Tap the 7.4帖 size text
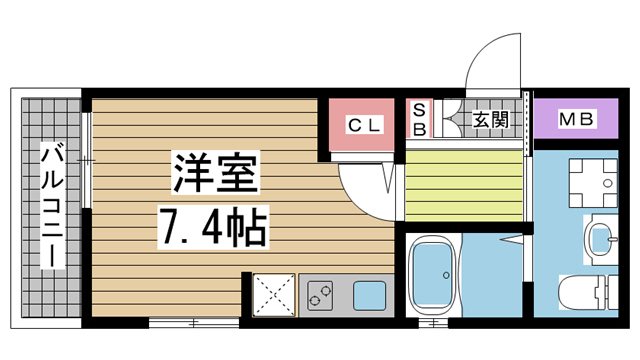pos(213,228)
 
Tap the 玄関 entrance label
pos(490,121)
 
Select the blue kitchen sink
pos(368,295)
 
